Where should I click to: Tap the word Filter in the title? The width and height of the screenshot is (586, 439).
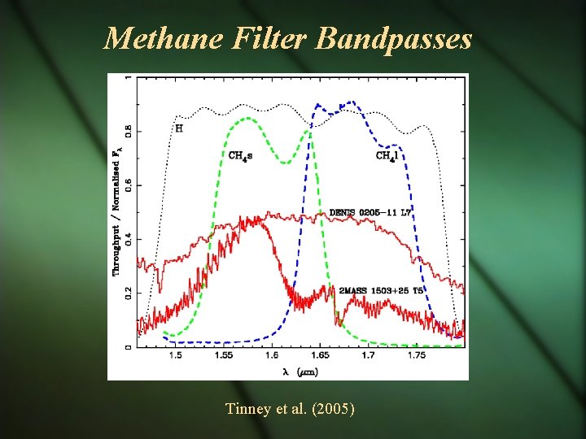263,38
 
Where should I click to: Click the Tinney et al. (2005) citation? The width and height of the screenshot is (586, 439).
291,409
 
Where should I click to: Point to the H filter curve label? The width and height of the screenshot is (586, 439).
179,128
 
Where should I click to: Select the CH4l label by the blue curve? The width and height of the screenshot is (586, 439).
387,155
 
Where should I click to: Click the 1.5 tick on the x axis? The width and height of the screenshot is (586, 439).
175,356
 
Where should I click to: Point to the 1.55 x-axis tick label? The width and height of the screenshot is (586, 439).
223,356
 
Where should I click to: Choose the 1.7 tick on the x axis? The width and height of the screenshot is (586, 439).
368,356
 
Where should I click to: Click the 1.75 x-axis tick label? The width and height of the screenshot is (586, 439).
416,356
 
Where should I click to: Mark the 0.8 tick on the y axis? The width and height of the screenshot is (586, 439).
128,131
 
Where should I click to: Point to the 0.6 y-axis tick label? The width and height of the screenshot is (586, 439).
128,185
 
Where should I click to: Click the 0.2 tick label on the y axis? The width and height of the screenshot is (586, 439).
128,293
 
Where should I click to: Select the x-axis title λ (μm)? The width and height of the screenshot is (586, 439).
300,371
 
